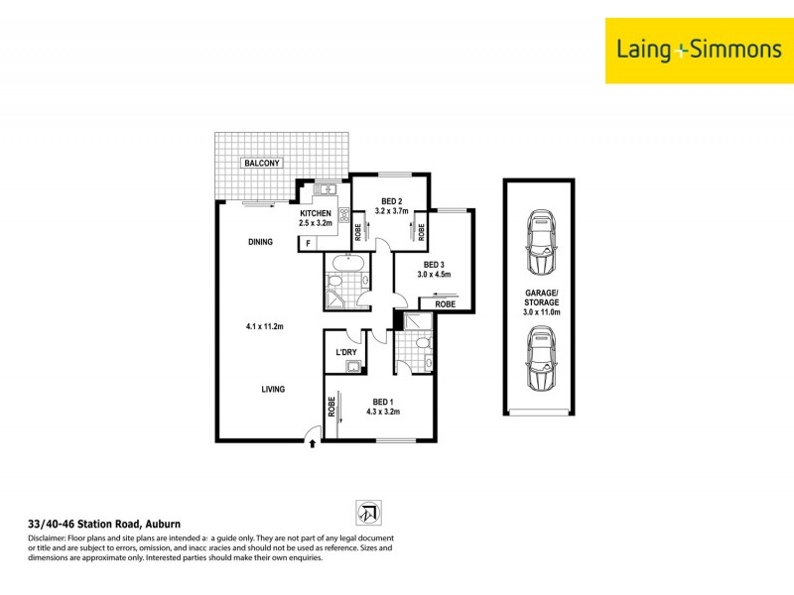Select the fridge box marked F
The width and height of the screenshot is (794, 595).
coord(309,242)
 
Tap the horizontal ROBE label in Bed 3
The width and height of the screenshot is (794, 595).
coord(445,304)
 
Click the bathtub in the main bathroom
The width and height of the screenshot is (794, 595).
coord(347,265)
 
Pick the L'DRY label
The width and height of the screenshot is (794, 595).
coord(346,353)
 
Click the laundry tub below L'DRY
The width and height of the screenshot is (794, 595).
coord(351,368)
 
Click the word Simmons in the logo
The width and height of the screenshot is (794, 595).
coord(729,49)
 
